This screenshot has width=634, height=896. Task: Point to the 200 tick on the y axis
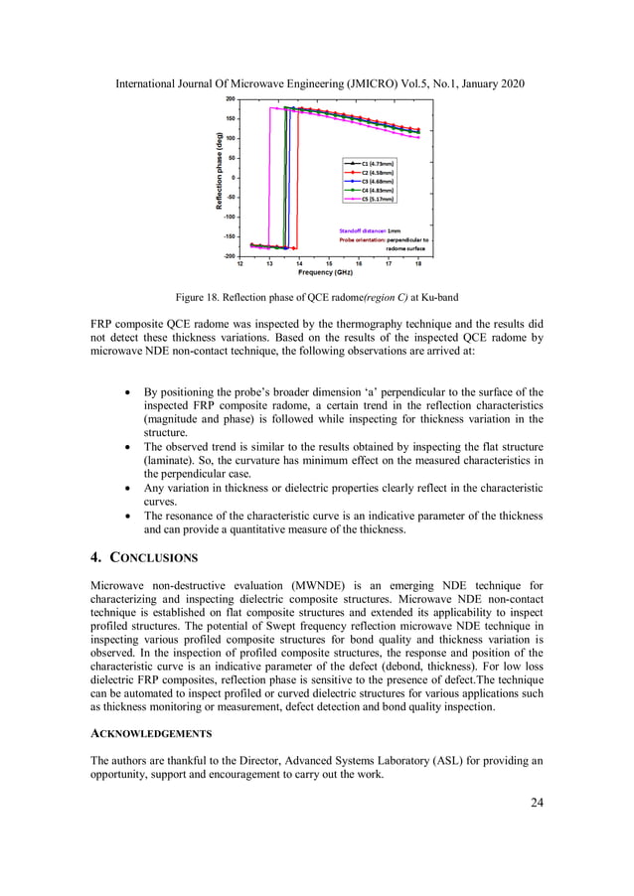tap(231, 99)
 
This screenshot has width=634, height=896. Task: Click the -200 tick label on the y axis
tap(230, 255)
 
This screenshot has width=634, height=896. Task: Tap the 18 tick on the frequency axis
tap(418, 264)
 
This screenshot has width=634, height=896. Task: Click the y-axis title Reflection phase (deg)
tap(219, 177)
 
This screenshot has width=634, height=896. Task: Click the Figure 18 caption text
tap(316, 296)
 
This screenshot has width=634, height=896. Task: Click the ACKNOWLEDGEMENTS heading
tap(150, 733)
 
